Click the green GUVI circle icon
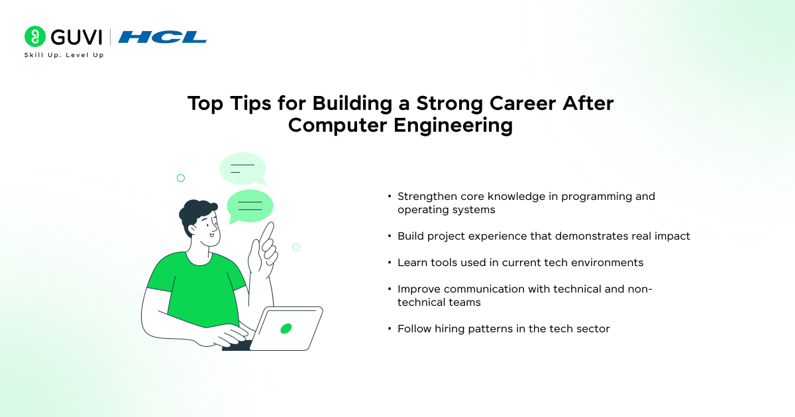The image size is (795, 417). tap(34, 36)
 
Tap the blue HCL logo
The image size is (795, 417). tap(162, 37)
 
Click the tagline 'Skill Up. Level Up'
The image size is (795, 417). tap(64, 55)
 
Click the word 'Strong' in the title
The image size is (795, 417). tap(449, 103)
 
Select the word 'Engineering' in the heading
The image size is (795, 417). tap(453, 125)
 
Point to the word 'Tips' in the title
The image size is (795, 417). tap(250, 103)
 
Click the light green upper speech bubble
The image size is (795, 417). tap(243, 169)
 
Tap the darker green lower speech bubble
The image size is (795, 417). tap(250, 207)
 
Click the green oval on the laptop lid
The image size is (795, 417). tap(286, 329)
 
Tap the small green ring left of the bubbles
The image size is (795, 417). tap(181, 178)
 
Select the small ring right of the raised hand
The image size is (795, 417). tap(296, 247)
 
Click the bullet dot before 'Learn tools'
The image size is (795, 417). tap(390, 262)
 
